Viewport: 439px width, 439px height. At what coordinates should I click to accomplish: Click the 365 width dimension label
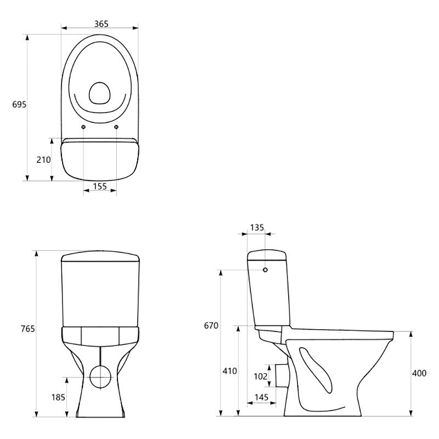(x=101, y=24)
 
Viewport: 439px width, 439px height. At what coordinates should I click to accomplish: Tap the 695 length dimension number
(x=19, y=104)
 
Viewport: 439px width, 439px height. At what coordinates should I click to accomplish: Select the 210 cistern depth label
(x=44, y=160)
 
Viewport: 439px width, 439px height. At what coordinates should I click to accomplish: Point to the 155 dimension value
(x=100, y=186)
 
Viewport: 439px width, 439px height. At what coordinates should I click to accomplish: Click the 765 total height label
(x=28, y=328)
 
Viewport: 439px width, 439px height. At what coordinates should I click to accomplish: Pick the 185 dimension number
(x=58, y=397)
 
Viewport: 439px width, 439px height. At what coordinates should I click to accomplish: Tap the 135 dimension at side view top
(x=257, y=228)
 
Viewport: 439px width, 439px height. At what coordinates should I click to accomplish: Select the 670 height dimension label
(x=211, y=325)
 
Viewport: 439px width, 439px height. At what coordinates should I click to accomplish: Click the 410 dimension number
(x=229, y=371)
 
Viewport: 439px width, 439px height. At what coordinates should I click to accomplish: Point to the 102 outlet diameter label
(x=260, y=376)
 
